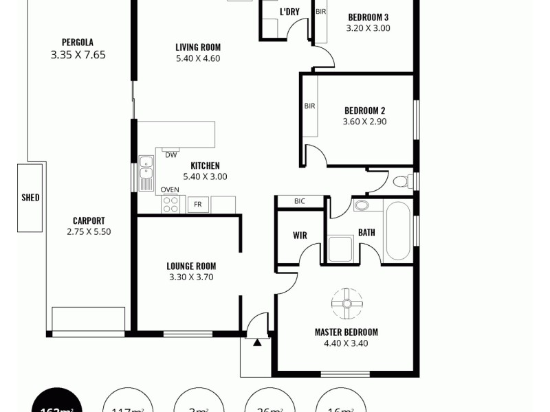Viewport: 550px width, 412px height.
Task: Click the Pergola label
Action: (x=77, y=41)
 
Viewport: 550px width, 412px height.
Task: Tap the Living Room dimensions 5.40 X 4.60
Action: (x=197, y=59)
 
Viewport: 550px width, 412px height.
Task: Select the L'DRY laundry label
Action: (x=288, y=12)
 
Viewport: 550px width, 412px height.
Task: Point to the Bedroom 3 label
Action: (x=368, y=17)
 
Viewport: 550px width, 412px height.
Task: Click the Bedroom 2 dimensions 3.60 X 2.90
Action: (x=364, y=122)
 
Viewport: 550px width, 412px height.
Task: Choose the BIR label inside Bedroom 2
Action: (x=309, y=106)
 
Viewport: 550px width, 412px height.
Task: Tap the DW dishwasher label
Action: (x=170, y=154)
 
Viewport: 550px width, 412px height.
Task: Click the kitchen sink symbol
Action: (x=146, y=173)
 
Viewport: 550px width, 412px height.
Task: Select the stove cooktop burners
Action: (x=170, y=204)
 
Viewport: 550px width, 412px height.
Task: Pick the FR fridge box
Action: (x=198, y=204)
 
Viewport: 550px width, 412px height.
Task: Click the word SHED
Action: (x=30, y=198)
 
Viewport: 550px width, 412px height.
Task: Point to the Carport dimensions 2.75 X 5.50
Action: (x=89, y=232)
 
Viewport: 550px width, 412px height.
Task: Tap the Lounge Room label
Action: (x=191, y=266)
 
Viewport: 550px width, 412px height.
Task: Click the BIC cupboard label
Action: (x=299, y=201)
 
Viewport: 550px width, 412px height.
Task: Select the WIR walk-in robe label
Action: (x=300, y=236)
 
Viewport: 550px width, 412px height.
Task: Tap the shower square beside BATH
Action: (x=340, y=249)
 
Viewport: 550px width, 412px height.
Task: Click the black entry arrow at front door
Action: (x=257, y=342)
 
